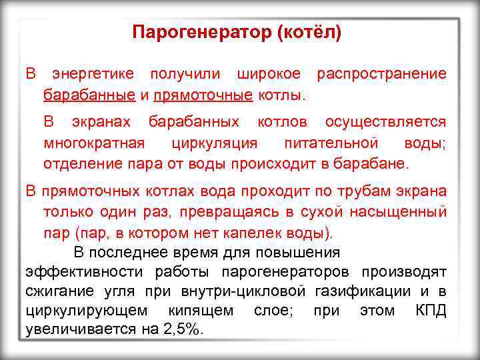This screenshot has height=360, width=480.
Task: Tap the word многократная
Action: point(93,143)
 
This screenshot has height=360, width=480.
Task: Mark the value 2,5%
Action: point(181,330)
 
